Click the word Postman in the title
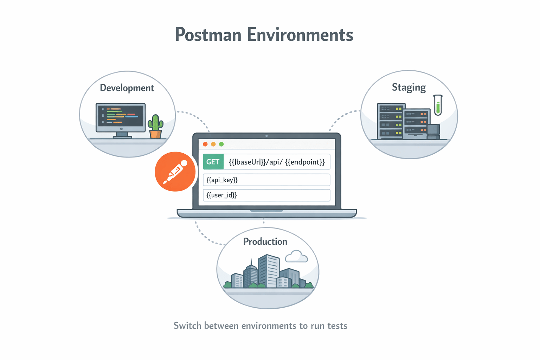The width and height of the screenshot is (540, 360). point(208,35)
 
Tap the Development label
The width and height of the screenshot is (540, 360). point(127,88)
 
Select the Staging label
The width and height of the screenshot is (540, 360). point(409,87)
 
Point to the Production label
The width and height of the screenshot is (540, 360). point(265,242)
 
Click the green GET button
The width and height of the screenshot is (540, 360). point(213,162)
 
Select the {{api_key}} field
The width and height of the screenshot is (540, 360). point(266,180)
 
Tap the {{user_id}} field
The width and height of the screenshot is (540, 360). point(266,195)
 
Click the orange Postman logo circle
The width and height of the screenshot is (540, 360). point(175,172)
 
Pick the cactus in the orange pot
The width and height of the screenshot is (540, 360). point(155,127)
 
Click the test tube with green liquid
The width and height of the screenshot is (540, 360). point(438,105)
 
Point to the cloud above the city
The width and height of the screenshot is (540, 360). point(296,257)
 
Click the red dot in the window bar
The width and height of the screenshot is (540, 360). point(205,144)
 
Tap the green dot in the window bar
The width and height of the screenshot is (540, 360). point(221,144)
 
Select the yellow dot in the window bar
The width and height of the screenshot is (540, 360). point(213,144)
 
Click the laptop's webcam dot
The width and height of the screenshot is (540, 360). point(266,136)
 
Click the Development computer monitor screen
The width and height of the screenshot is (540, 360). point(121,115)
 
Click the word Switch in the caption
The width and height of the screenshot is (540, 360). point(188,326)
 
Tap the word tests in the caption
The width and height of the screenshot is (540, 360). point(337,326)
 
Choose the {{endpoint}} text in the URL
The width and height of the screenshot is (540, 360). point(305,162)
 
